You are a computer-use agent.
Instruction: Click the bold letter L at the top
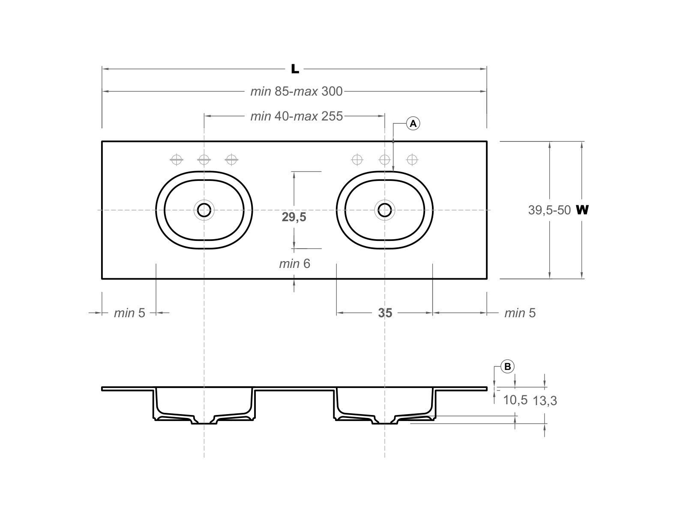point(295,69)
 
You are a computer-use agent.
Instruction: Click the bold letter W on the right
point(582,210)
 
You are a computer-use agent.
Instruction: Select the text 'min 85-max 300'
point(297,91)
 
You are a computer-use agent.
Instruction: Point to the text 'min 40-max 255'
point(297,116)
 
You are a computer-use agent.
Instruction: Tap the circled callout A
point(413,124)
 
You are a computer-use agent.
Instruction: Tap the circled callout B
point(508,367)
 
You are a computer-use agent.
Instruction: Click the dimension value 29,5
point(294,217)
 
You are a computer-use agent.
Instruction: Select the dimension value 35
point(385,313)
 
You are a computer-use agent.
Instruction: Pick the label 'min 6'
point(294,264)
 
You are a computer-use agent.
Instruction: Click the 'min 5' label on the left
point(129,313)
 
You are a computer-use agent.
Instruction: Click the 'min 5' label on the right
point(520,313)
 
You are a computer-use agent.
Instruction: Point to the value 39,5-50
point(549,210)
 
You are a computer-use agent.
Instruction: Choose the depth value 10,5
point(515,400)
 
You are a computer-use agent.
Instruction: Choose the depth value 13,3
point(545,401)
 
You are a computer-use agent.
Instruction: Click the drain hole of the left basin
point(204,210)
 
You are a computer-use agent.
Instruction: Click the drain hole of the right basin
point(385,210)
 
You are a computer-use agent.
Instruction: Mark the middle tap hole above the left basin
point(204,160)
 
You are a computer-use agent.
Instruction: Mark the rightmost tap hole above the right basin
point(412,160)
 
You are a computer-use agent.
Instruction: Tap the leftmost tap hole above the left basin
point(177,160)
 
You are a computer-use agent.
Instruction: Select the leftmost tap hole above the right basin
point(357,160)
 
